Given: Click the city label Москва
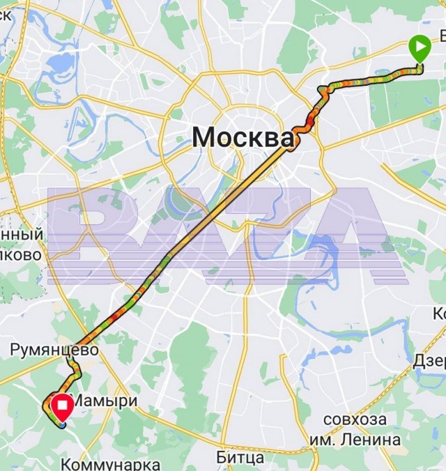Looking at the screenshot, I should tap(243, 137).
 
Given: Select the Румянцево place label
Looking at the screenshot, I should tap(54, 349).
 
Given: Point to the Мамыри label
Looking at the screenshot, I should tap(105, 401).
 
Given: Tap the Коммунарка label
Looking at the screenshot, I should tap(110, 464).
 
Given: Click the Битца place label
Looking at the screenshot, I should tap(240, 458).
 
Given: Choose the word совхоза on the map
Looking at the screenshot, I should tap(355, 420).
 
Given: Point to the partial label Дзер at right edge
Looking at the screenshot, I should tap(429, 362).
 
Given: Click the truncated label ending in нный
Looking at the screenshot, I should tap(21, 235).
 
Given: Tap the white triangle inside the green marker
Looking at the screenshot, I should tap(420, 48).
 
